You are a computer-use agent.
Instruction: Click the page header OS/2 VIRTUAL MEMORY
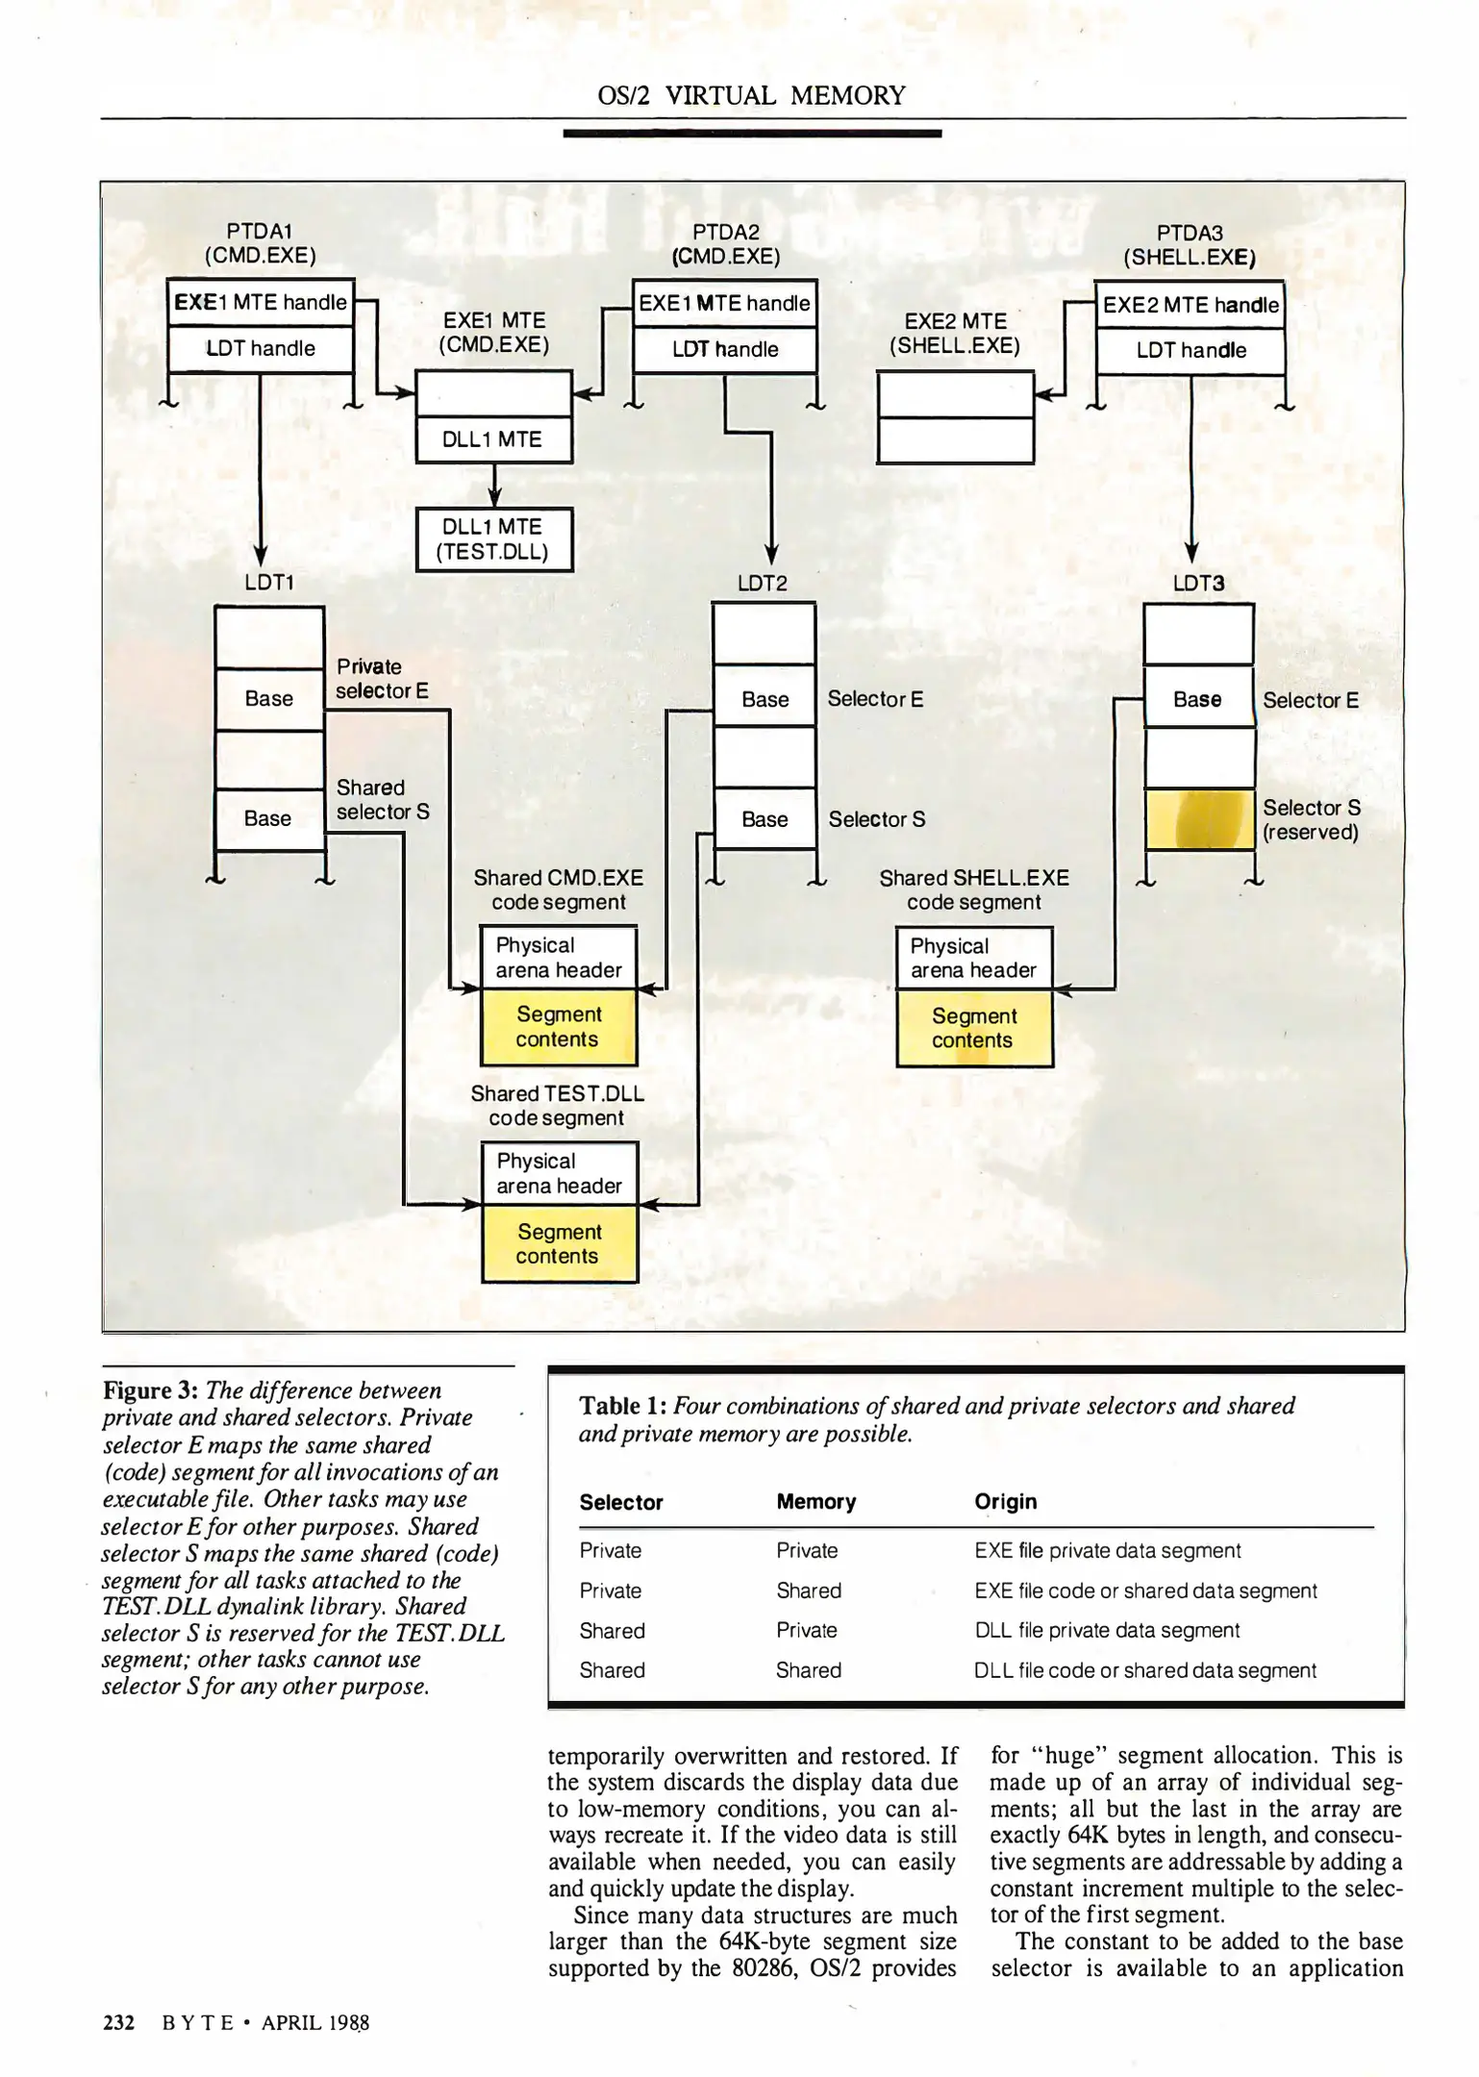click(751, 95)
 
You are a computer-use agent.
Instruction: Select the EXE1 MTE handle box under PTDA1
click(261, 303)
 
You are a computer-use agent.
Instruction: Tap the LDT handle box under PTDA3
click(1191, 351)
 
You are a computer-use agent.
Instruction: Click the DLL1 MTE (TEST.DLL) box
click(493, 539)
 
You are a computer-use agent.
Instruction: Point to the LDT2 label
click(762, 583)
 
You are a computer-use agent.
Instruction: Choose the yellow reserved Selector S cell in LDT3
click(1198, 819)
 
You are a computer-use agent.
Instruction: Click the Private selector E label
click(382, 679)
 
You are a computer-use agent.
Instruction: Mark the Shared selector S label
click(382, 800)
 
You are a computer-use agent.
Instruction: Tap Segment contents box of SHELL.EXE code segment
click(973, 1028)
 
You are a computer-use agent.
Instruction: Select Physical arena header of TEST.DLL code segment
click(559, 1173)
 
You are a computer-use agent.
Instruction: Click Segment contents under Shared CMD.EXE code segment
click(558, 1027)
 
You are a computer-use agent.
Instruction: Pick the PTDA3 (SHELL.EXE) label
click(1190, 245)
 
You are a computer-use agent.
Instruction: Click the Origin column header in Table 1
click(1005, 1502)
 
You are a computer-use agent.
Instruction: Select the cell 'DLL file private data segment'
click(1106, 1630)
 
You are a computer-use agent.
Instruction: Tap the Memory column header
click(815, 1502)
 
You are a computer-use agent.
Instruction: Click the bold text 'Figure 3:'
click(150, 1390)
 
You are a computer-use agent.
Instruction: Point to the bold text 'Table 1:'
click(622, 1406)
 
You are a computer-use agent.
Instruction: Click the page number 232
click(118, 2022)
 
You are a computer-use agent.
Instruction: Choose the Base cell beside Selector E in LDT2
click(765, 700)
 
